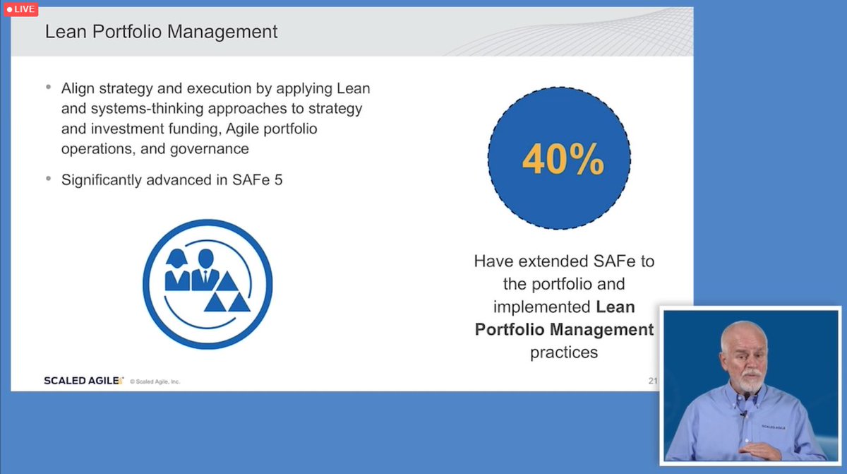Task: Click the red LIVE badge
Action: point(21,9)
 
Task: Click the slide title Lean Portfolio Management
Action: point(161,32)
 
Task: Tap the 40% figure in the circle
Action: point(563,160)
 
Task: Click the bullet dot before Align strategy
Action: point(48,88)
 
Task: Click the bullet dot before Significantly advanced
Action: point(48,179)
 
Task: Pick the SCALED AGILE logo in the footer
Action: point(83,381)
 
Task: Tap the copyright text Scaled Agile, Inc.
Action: point(155,381)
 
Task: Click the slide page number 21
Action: point(653,381)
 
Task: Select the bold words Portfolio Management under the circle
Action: point(565,329)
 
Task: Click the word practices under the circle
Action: point(564,352)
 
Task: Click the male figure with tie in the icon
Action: point(205,269)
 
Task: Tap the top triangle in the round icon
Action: point(227,282)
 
